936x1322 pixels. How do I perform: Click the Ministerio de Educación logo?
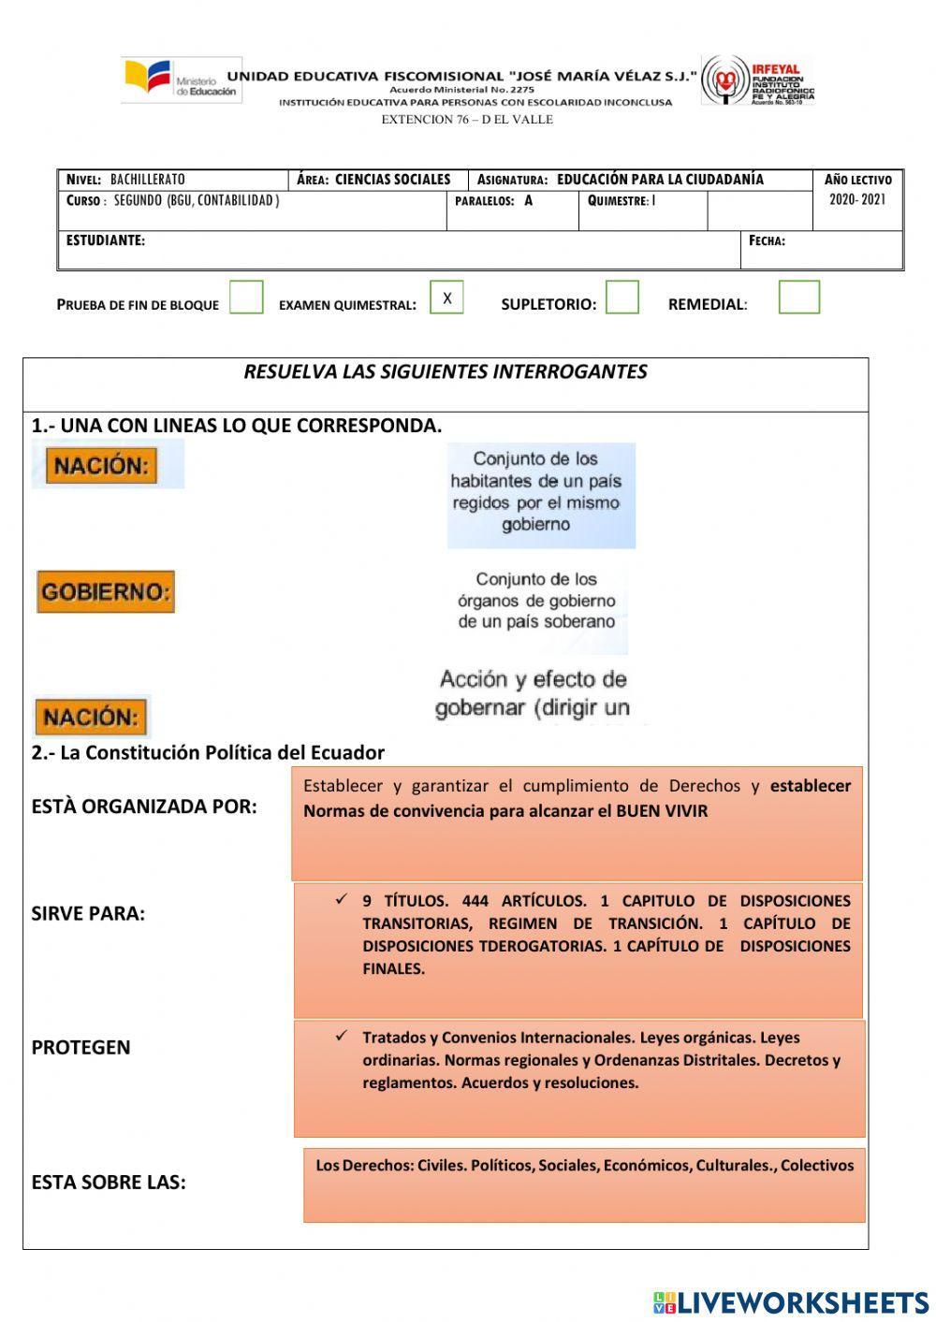(x=182, y=80)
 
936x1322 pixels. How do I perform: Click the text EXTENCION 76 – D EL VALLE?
(x=467, y=120)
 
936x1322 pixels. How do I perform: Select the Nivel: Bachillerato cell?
(x=174, y=180)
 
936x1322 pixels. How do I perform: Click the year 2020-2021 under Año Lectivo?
(x=856, y=200)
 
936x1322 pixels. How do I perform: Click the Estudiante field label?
(x=106, y=241)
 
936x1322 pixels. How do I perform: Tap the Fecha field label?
(x=767, y=241)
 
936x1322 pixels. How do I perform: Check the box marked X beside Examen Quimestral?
(x=446, y=298)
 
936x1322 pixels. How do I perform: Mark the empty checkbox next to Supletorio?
(x=622, y=298)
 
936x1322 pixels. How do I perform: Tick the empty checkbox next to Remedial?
(x=798, y=298)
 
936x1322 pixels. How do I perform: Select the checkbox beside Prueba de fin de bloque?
(x=246, y=298)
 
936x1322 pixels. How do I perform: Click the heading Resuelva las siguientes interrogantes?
(x=446, y=372)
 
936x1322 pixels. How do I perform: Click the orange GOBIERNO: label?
(x=106, y=592)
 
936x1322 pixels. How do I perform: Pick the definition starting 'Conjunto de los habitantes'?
(x=540, y=493)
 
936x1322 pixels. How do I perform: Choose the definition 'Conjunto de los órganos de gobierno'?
(x=536, y=601)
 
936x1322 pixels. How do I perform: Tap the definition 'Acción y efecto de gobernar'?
(x=534, y=693)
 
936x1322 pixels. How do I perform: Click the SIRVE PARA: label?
(x=88, y=914)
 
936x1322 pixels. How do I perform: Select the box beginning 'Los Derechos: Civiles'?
(x=584, y=1184)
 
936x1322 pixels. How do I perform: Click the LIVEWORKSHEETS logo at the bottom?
(x=790, y=1301)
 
